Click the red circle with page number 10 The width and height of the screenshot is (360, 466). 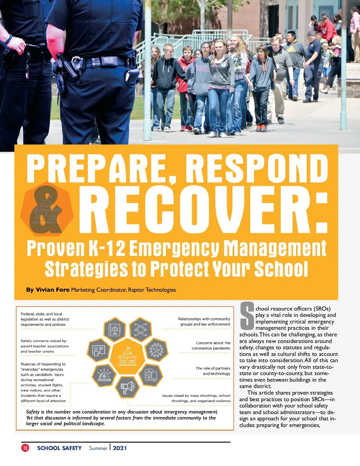click(25, 448)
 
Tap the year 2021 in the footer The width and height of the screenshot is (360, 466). click(120, 448)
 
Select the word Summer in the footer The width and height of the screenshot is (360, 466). click(98, 448)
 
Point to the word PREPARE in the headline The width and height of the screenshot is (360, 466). click(99, 168)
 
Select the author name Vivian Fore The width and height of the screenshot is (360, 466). click(52, 290)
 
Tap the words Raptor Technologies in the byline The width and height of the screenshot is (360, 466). click(152, 290)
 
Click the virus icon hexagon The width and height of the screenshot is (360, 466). click(156, 350)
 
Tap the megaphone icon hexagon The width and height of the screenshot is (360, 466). click(128, 387)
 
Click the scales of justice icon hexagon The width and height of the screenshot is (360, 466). click(115, 330)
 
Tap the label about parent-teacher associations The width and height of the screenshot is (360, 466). click(44, 346)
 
